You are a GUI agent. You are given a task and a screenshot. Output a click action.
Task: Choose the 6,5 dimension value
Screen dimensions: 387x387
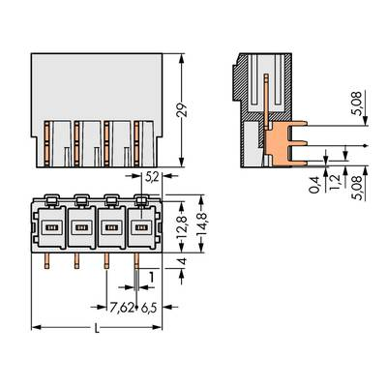(149, 309)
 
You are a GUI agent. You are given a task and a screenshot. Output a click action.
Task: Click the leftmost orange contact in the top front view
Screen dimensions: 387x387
(48, 140)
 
